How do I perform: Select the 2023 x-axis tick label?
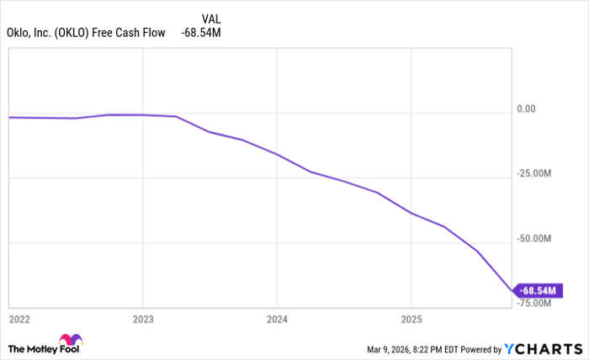[x=143, y=320]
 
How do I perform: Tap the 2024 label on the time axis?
[x=277, y=320]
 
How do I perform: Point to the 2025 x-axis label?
[x=410, y=320]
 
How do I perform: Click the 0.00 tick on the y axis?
[x=526, y=109]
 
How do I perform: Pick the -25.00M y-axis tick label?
[x=536, y=174]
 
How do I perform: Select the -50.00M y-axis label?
[x=536, y=240]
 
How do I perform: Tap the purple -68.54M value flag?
[x=539, y=291]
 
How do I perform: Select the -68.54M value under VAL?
[x=201, y=33]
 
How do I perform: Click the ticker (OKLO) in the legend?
[x=78, y=33]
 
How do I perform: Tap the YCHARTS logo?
[x=544, y=348]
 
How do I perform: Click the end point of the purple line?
[x=512, y=291]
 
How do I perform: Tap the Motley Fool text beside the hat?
[x=33, y=348]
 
